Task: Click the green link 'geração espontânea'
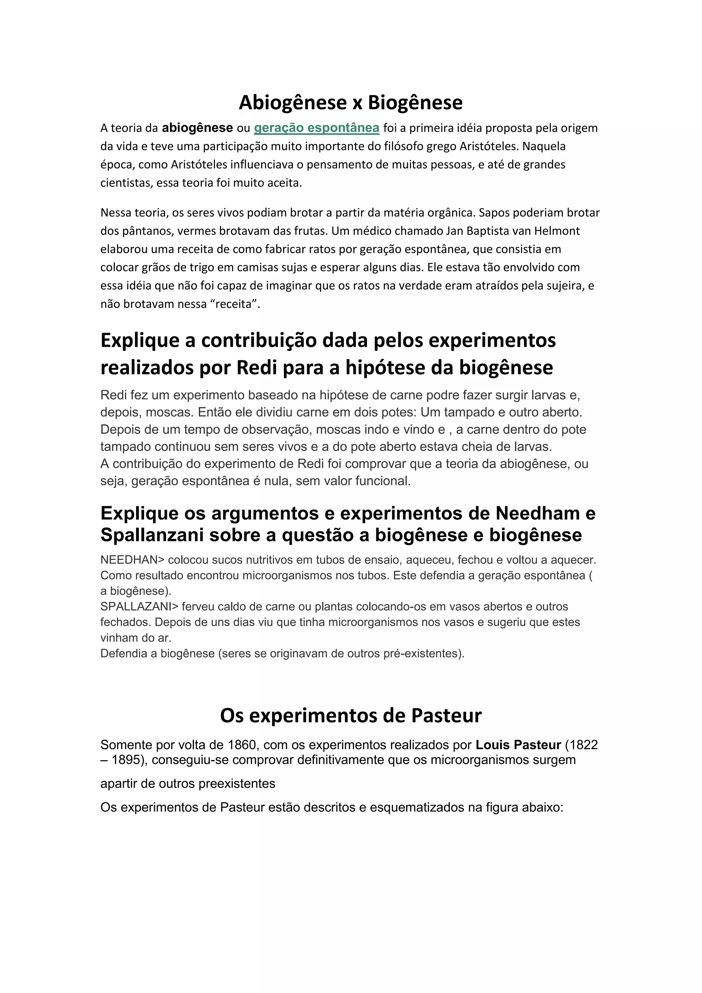point(316,128)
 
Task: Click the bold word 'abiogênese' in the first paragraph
point(197,128)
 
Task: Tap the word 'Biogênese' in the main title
point(415,103)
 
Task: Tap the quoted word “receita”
point(234,304)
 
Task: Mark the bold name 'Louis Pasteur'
point(518,745)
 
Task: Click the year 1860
point(242,745)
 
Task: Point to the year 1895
point(126,760)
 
